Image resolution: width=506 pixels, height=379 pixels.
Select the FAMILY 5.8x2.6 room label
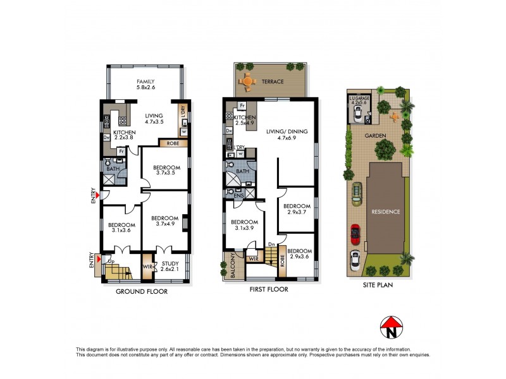tap(145, 85)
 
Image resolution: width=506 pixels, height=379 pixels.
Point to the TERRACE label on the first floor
tap(273, 82)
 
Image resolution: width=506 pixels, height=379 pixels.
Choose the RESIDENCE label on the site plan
tap(385, 212)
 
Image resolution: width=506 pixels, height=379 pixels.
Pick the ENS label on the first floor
tap(238, 196)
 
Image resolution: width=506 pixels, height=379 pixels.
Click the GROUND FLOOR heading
tap(141, 292)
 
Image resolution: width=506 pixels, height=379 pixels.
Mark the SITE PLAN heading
tap(375, 286)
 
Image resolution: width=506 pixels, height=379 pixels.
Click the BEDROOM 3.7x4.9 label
tap(163, 221)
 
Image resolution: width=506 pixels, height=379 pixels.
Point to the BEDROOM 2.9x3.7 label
tap(297, 210)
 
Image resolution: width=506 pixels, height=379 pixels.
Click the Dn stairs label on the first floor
tap(270, 244)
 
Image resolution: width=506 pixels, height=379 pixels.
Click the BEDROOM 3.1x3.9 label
tap(244, 226)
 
